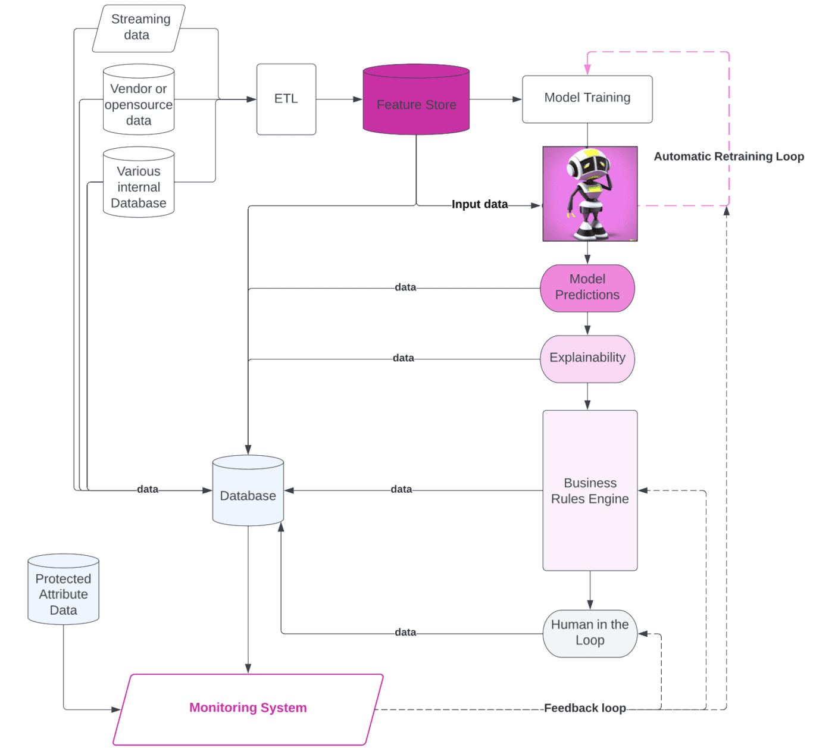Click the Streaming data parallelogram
click(x=139, y=27)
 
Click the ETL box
click(x=286, y=99)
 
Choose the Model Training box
click(x=587, y=98)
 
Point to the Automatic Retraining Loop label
click(x=728, y=157)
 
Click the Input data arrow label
click(x=480, y=205)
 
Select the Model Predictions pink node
click(x=587, y=287)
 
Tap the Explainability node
click(x=587, y=358)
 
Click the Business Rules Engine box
click(x=590, y=491)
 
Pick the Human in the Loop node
click(x=590, y=633)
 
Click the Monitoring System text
click(x=248, y=708)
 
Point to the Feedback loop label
click(x=584, y=708)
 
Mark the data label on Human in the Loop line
click(x=405, y=633)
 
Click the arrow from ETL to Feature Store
click(x=339, y=99)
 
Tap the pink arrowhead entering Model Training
click(x=587, y=70)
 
